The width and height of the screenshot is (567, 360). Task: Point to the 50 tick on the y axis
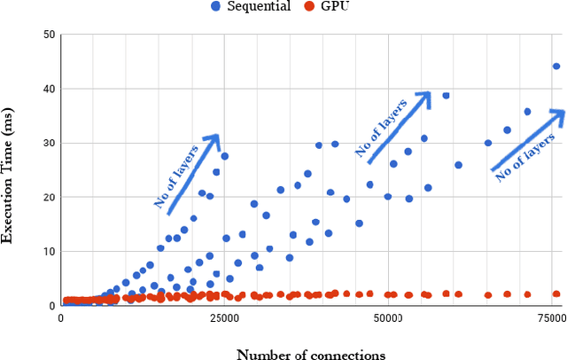click(x=50, y=35)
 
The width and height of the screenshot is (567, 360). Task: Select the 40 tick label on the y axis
click(x=50, y=89)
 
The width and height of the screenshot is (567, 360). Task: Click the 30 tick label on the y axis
click(x=50, y=143)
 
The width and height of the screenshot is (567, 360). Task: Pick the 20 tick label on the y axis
click(x=50, y=197)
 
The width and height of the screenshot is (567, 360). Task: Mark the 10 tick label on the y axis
click(x=50, y=251)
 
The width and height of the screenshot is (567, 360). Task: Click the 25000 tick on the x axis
click(x=223, y=317)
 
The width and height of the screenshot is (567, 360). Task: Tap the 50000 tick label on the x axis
click(x=388, y=317)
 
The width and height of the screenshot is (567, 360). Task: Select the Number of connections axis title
click(x=310, y=353)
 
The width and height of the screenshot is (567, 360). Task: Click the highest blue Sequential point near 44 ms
click(x=556, y=66)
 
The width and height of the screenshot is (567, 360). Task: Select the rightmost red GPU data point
click(x=556, y=293)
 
